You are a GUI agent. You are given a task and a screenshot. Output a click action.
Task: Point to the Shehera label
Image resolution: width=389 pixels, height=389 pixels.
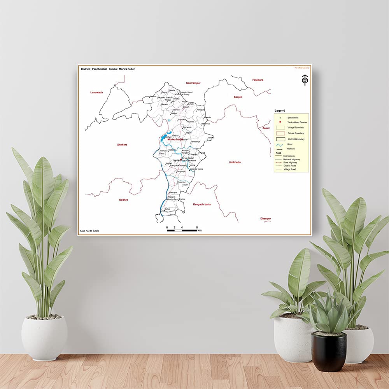[122, 145]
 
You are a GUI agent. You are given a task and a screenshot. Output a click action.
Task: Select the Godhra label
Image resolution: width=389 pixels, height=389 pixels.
[123, 200]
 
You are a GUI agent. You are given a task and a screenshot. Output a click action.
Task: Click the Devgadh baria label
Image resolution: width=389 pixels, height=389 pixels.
[202, 204]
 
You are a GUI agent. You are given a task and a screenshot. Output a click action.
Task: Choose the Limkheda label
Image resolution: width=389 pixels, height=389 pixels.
[235, 162]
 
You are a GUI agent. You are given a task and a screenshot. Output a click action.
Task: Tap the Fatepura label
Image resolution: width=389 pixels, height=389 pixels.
[258, 80]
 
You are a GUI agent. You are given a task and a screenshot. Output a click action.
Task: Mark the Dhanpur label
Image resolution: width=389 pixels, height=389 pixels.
[266, 219]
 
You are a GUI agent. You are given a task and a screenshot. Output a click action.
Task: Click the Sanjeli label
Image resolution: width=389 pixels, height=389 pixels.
[238, 97]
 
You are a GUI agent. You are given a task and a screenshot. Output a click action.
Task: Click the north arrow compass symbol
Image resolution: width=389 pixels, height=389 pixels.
[305, 80]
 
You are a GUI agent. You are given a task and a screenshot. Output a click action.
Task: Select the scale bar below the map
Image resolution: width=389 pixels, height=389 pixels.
[182, 230]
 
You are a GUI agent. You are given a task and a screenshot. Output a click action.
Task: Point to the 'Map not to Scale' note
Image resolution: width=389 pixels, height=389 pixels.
[90, 231]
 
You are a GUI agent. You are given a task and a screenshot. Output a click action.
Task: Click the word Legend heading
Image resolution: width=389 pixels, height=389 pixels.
[280, 111]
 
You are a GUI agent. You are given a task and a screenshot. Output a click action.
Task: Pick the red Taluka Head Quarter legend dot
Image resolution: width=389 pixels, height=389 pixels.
[280, 122]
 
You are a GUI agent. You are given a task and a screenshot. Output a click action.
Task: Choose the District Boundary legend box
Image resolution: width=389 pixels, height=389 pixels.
[280, 139]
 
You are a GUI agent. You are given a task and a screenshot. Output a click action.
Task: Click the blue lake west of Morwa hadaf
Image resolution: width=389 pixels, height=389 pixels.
[163, 138]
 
